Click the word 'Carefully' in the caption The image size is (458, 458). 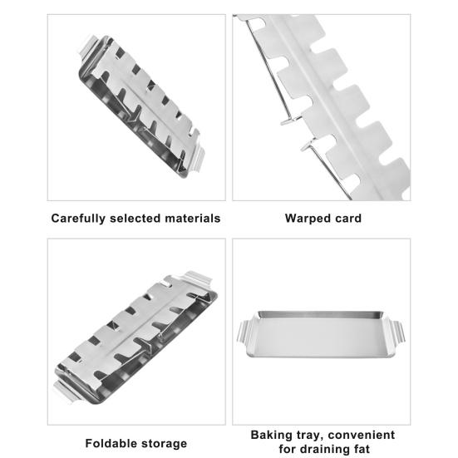[x=78, y=219]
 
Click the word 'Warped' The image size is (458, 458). [x=308, y=219]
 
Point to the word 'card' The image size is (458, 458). [x=348, y=218]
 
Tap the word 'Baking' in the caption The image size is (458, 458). [x=271, y=436]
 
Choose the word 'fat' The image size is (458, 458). [x=362, y=448]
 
